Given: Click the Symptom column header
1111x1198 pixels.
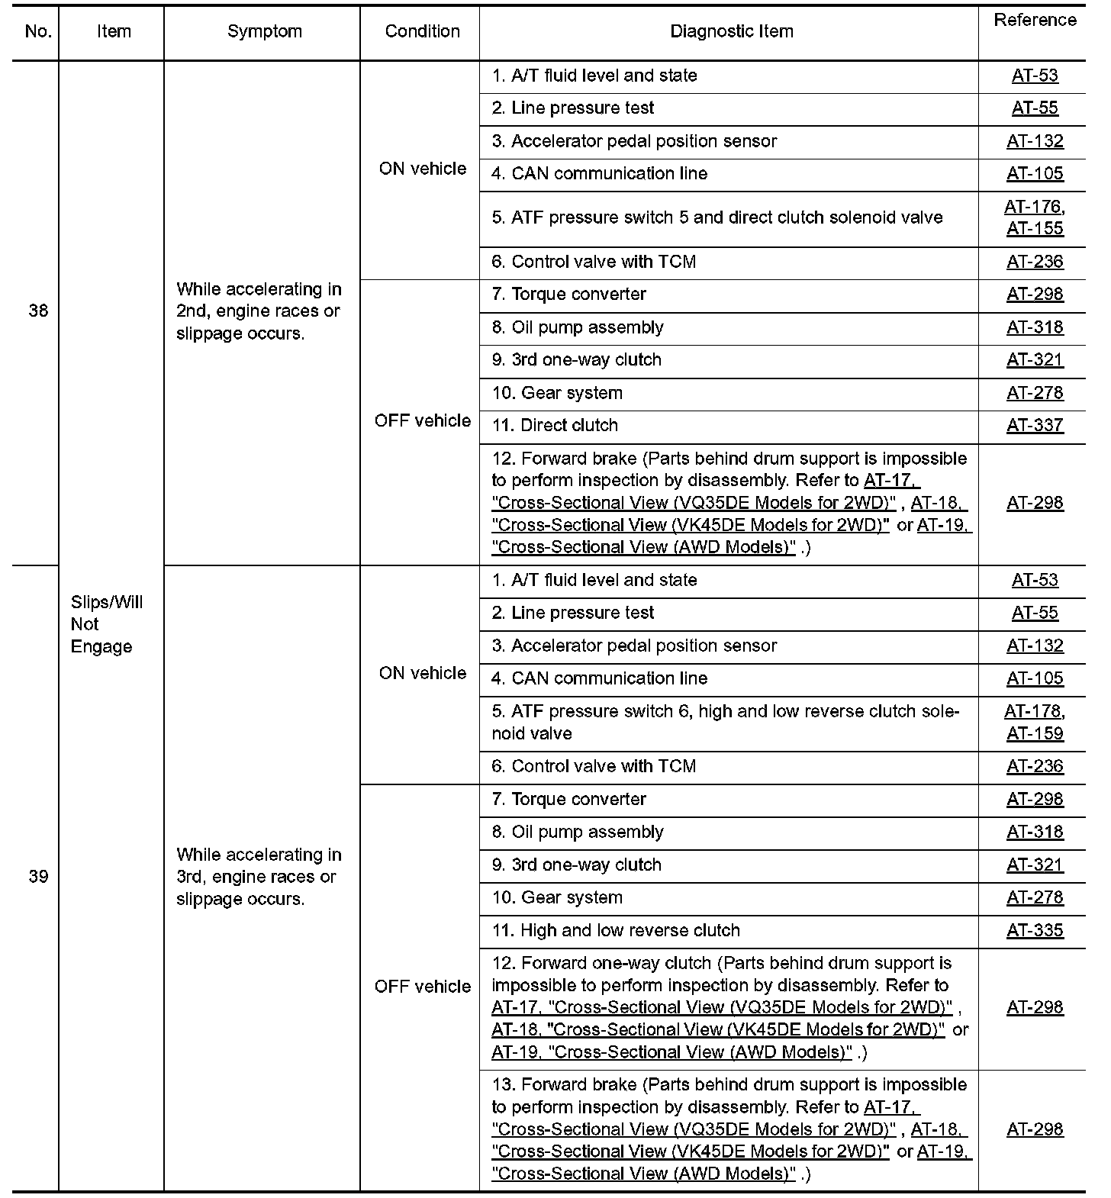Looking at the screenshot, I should pyautogui.click(x=264, y=31).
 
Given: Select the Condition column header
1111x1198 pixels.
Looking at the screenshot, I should pyautogui.click(x=422, y=31).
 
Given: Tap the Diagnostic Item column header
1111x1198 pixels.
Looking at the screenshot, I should pyautogui.click(x=731, y=31).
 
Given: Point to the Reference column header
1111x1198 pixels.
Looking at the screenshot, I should pyautogui.click(x=1035, y=21).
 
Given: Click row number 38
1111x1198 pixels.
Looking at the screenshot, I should pyautogui.click(x=37, y=311).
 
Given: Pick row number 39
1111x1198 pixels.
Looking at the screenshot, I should pyautogui.click(x=37, y=876).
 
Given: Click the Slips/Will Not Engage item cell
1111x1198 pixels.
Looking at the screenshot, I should pyautogui.click(x=106, y=624).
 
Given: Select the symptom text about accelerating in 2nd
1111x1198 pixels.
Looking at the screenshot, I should pyautogui.click(x=259, y=311).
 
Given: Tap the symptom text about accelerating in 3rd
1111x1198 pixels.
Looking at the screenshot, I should pyautogui.click(x=259, y=877).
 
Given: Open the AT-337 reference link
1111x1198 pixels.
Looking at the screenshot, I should pyautogui.click(x=1035, y=425).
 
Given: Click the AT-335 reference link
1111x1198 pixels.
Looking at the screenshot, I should pyautogui.click(x=1035, y=930).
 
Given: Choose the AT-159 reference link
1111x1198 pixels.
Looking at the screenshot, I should pyautogui.click(x=1035, y=733).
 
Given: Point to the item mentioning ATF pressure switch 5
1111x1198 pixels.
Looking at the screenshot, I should pyautogui.click(x=717, y=217).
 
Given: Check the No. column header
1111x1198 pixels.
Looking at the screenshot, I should pyautogui.click(x=37, y=31).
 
